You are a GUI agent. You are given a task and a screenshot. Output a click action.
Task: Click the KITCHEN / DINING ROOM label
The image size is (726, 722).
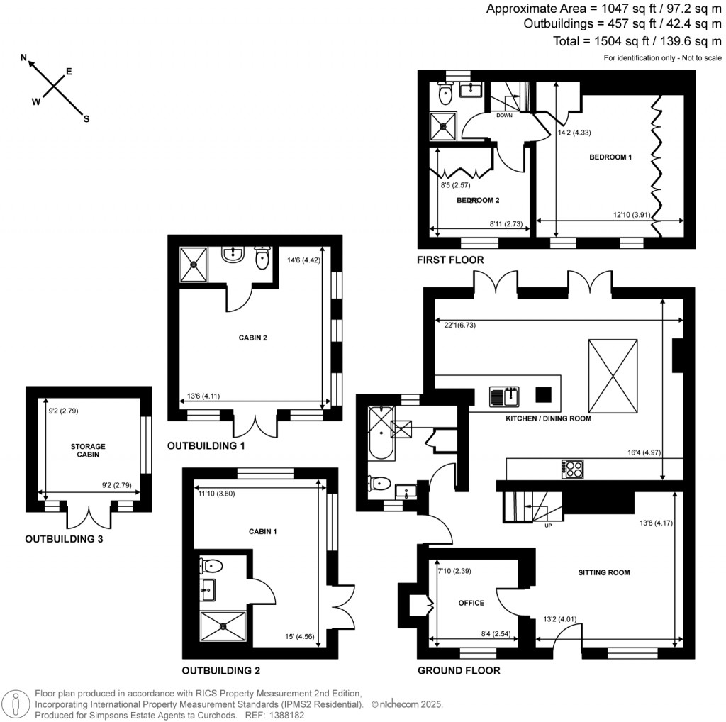tap(547, 418)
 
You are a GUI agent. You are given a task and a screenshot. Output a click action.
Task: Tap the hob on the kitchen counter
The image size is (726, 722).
tap(573, 469)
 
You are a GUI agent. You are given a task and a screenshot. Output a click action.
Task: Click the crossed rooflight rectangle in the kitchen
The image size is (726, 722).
tap(613, 375)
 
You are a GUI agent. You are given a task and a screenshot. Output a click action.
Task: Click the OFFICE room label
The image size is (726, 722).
tap(471, 603)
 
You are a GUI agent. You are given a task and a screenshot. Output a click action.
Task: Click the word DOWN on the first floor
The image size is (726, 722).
tap(504, 115)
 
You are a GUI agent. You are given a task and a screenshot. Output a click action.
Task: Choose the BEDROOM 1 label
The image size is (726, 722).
tap(610, 157)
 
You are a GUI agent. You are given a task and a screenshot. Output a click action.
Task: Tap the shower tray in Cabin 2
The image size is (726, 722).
tap(193, 263)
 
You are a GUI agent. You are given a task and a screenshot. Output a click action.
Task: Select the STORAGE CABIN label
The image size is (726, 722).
tap(88, 451)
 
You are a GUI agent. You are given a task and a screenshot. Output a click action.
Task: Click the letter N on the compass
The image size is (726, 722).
tap(24, 57)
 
